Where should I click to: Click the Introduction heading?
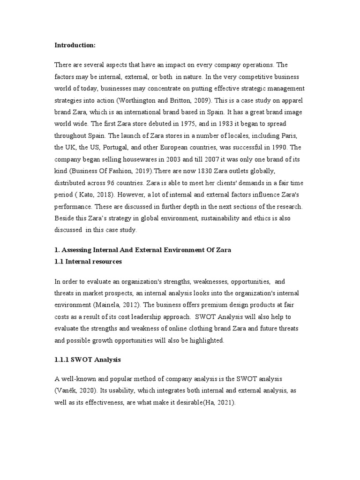point(75,45)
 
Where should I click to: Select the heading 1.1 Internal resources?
point(88,262)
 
